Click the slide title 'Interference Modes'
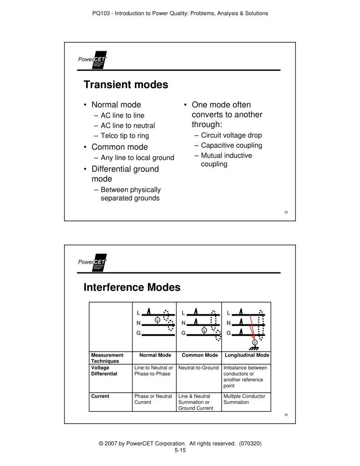132,287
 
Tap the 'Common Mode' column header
198,355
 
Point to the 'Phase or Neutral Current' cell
153,399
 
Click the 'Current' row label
100,396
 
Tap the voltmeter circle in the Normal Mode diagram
157,319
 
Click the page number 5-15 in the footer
180,450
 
